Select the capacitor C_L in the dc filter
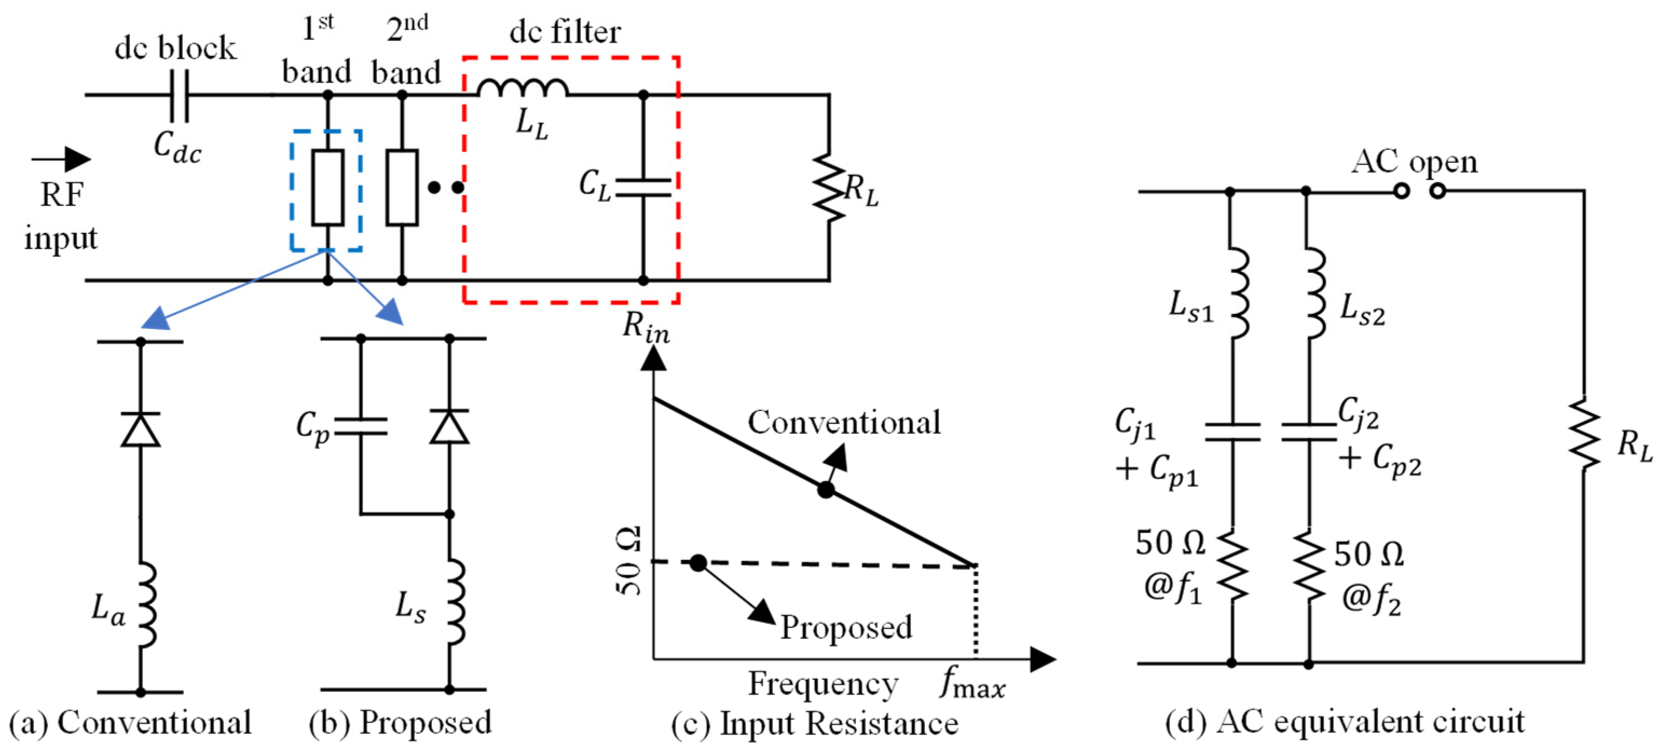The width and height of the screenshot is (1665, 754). pyautogui.click(x=642, y=187)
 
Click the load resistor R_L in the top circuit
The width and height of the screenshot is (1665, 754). pyautogui.click(x=830, y=187)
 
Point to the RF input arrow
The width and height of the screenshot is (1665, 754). pyautogui.click(x=61, y=158)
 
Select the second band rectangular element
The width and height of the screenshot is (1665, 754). pyautogui.click(x=402, y=187)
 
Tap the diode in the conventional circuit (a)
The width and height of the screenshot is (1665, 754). pyautogui.click(x=140, y=430)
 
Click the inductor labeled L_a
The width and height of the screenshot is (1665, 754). pyautogui.click(x=146, y=605)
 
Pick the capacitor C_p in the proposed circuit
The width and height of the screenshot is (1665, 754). pyautogui.click(x=361, y=427)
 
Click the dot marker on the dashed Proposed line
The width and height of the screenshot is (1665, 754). pyautogui.click(x=698, y=563)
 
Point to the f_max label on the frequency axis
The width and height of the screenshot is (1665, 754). pyautogui.click(x=972, y=683)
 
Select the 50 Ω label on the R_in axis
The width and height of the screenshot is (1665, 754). pyautogui.click(x=628, y=561)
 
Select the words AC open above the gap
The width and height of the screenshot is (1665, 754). pyautogui.click(x=1414, y=161)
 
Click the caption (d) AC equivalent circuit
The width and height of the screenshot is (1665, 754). pyautogui.click(x=1345, y=722)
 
